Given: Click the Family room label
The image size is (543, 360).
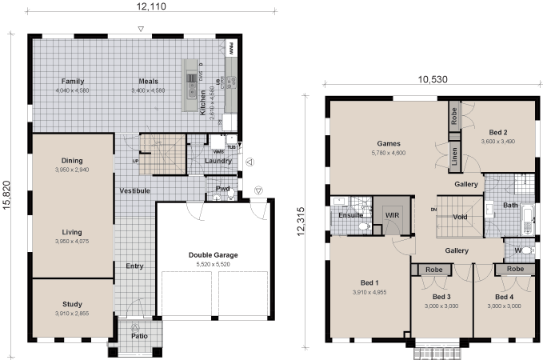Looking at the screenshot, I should click(73, 82).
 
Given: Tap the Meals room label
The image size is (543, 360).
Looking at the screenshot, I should click(148, 82).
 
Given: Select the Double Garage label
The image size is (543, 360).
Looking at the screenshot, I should click(214, 255).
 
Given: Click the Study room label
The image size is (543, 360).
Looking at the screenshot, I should click(72, 304).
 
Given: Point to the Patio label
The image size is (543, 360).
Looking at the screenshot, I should click(139, 337).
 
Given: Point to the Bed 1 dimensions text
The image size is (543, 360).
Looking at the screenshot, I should click(369, 293).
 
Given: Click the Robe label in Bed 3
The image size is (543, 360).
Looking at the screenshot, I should click(434, 270).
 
